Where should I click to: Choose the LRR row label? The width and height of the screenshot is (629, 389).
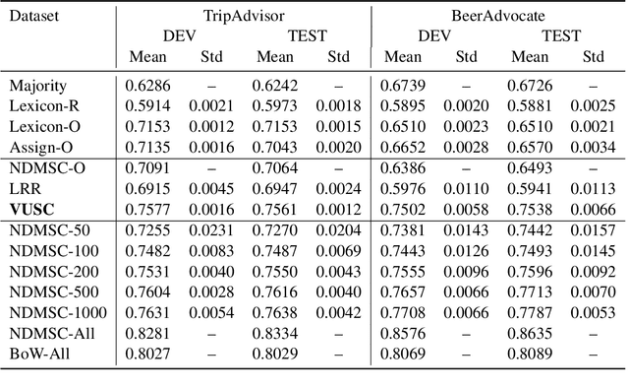(x=26, y=188)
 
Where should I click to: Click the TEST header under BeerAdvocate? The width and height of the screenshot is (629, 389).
(x=560, y=36)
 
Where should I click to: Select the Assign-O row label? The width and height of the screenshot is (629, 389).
(x=41, y=148)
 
